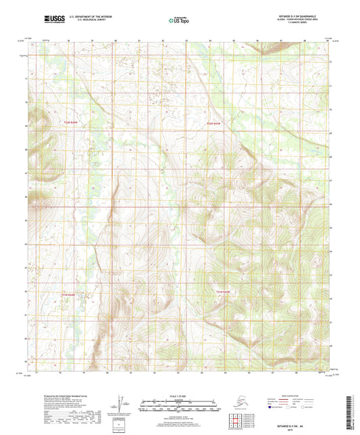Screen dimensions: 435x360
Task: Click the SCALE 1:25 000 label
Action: [180, 395]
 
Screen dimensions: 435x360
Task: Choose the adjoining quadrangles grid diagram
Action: [237, 419]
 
